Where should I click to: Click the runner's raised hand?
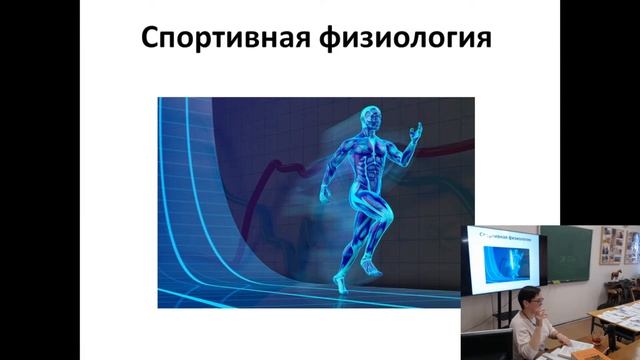419,131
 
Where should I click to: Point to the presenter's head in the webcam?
529,300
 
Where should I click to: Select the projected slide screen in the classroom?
499,259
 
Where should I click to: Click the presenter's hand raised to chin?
540,313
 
